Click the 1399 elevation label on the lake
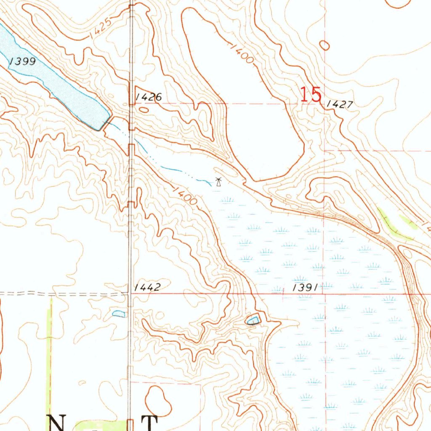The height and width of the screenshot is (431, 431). pos(22,62)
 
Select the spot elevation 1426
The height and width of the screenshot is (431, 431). pos(148,97)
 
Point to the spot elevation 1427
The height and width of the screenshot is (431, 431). pos(339,104)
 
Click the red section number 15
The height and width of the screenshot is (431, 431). pos(311,95)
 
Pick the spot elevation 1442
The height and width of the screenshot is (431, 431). pos(147,287)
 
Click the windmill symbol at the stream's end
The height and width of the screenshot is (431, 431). pos(218,182)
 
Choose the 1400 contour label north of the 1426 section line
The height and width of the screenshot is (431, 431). pos(242,53)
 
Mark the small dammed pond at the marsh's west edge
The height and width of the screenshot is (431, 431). pos(253,320)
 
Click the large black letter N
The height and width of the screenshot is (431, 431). pos(59,423)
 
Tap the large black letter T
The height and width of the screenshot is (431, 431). pos(149,423)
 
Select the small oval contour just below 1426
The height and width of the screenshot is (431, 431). pos(144,110)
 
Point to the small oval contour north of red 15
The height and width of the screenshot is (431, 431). pos(325,45)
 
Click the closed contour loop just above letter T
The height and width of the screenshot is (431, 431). pos(158,400)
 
